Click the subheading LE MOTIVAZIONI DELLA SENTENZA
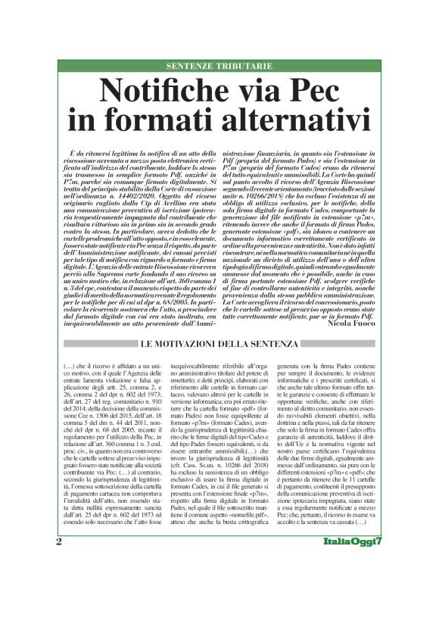click(219, 346)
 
